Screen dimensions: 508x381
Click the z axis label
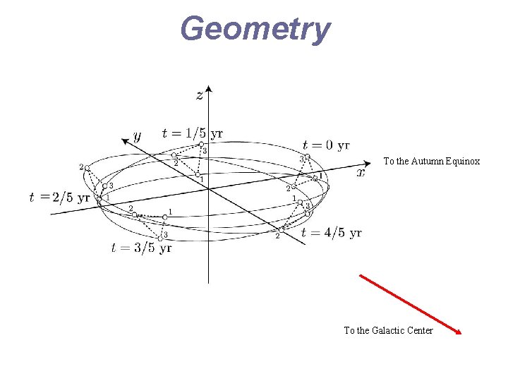coord(200,95)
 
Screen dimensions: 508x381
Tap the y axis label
coord(138,135)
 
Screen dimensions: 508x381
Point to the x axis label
coord(361,171)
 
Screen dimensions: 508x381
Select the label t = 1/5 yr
coord(193,133)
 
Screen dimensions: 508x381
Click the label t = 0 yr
coord(326,145)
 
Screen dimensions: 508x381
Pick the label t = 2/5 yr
coord(60,198)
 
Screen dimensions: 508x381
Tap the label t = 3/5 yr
coord(141,248)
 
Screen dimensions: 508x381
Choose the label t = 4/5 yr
coord(331,233)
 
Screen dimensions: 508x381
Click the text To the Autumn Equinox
coord(431,161)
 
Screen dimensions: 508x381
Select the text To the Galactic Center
coord(388,330)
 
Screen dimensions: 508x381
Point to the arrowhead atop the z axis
coord(208,90)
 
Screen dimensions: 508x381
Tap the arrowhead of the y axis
coord(125,140)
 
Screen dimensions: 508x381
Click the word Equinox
coord(463,161)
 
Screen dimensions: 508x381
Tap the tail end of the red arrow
coord(361,275)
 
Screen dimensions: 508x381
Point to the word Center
coord(421,330)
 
